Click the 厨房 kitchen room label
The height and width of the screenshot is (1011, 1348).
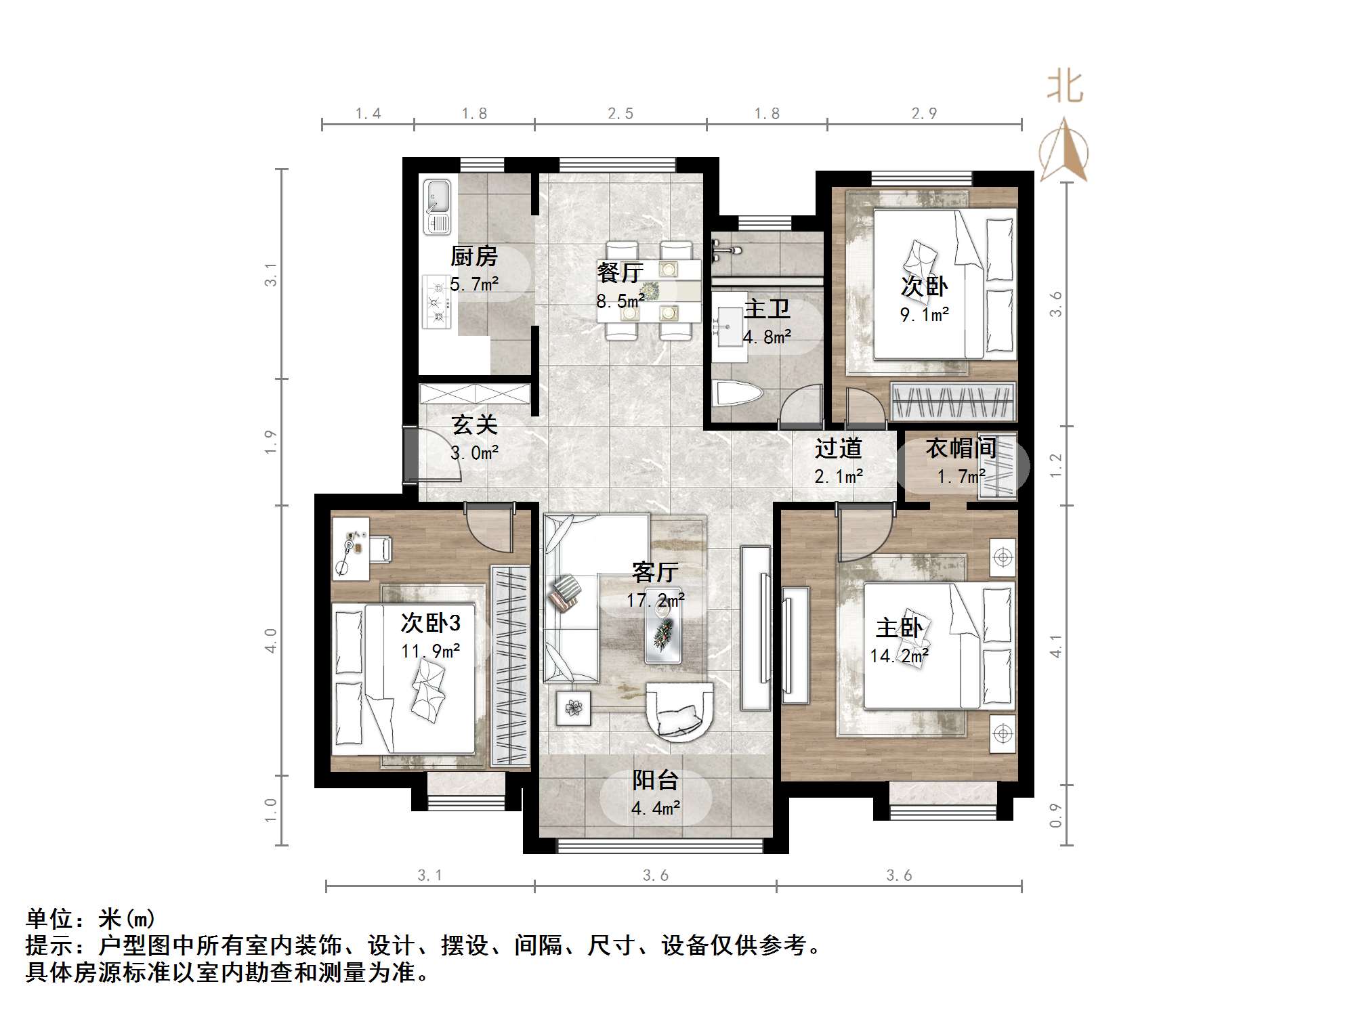tap(473, 257)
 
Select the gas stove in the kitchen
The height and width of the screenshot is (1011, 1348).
tap(437, 301)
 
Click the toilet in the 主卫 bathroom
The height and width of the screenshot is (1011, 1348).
tap(738, 394)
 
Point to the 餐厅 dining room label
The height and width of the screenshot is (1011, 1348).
tap(620, 273)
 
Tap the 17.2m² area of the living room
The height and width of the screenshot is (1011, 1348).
tap(655, 601)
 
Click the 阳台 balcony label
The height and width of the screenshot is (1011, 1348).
tap(655, 780)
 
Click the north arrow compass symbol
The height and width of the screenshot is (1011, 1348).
tap(1063, 150)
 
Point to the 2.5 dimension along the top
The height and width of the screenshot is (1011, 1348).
tap(620, 114)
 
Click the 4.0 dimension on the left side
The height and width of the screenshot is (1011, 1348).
tap(271, 641)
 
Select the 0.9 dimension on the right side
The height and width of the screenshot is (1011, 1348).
tap(1056, 815)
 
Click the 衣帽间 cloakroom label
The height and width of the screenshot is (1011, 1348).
tap(961, 448)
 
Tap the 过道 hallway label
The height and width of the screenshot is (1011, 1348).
tap(838, 448)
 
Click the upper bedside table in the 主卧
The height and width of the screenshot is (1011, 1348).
tap(1003, 557)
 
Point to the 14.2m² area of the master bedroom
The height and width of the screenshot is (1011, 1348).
tap(899, 655)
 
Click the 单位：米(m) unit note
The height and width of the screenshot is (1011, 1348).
tap(91, 919)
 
